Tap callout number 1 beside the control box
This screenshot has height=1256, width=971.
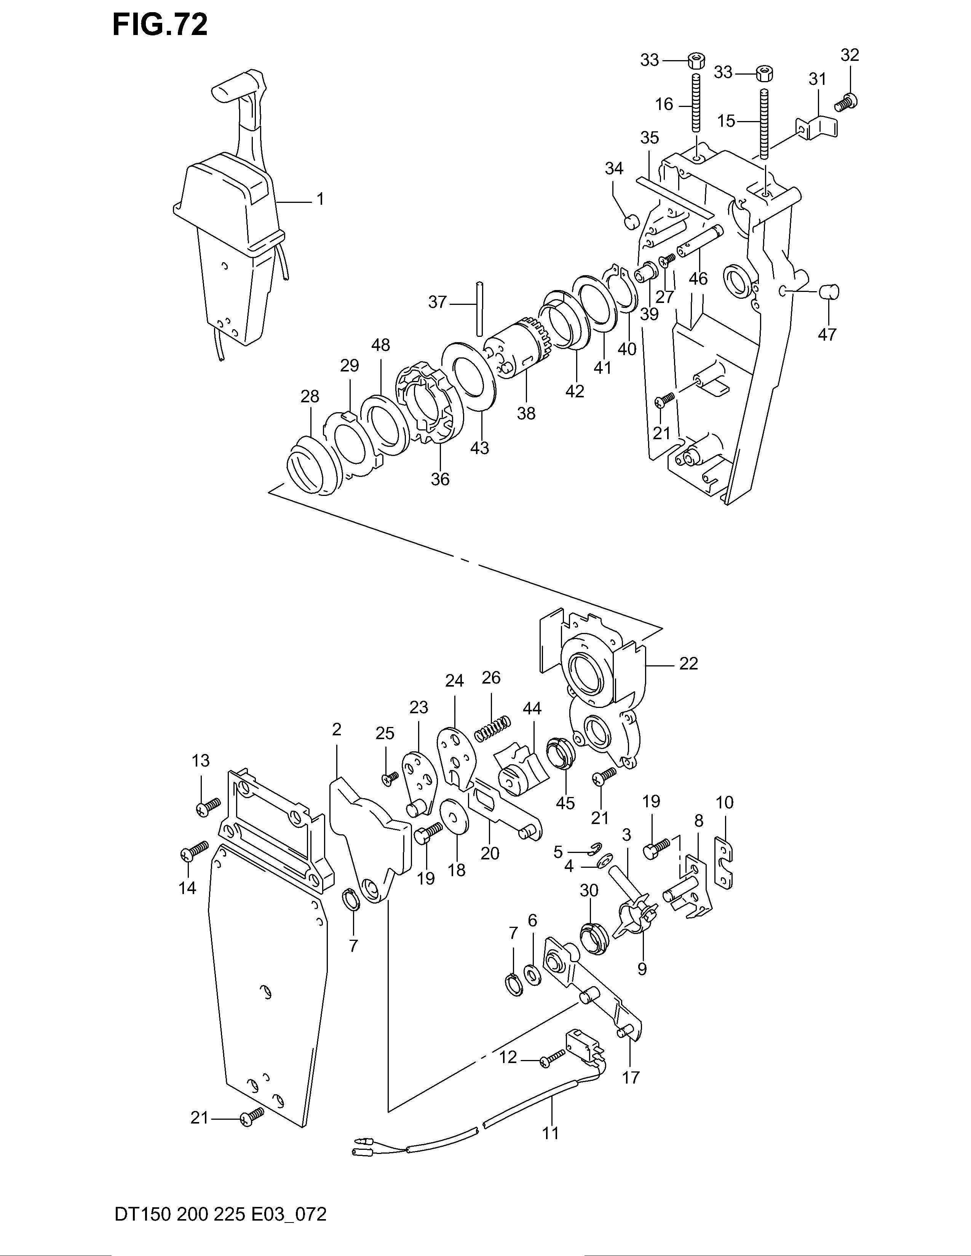[320, 199]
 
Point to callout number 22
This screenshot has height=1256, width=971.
[688, 664]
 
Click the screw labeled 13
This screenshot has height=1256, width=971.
[208, 806]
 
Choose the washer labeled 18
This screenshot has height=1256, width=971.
[454, 816]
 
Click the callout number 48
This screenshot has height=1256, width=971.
[381, 345]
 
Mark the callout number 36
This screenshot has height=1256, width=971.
[440, 478]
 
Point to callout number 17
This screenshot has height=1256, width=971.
[631, 1077]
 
